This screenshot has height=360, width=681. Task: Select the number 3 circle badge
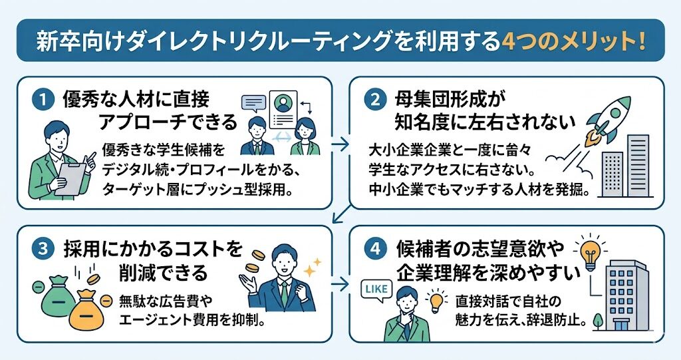(x=42, y=249)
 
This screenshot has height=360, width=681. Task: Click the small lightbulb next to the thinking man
(x=436, y=301)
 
